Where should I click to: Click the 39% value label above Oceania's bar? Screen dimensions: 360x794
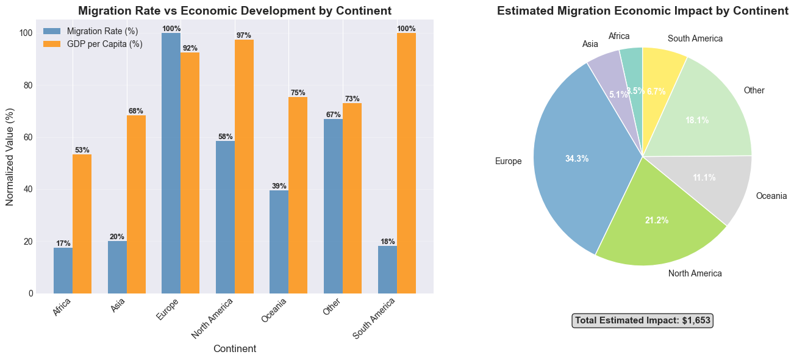[x=279, y=186]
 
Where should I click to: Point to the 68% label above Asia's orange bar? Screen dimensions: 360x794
[x=136, y=111]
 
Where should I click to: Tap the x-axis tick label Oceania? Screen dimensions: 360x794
[x=274, y=312]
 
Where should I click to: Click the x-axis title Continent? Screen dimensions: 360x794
[x=235, y=349]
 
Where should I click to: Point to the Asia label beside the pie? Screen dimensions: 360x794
[x=590, y=44]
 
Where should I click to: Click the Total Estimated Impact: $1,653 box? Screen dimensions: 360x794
[x=643, y=320]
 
